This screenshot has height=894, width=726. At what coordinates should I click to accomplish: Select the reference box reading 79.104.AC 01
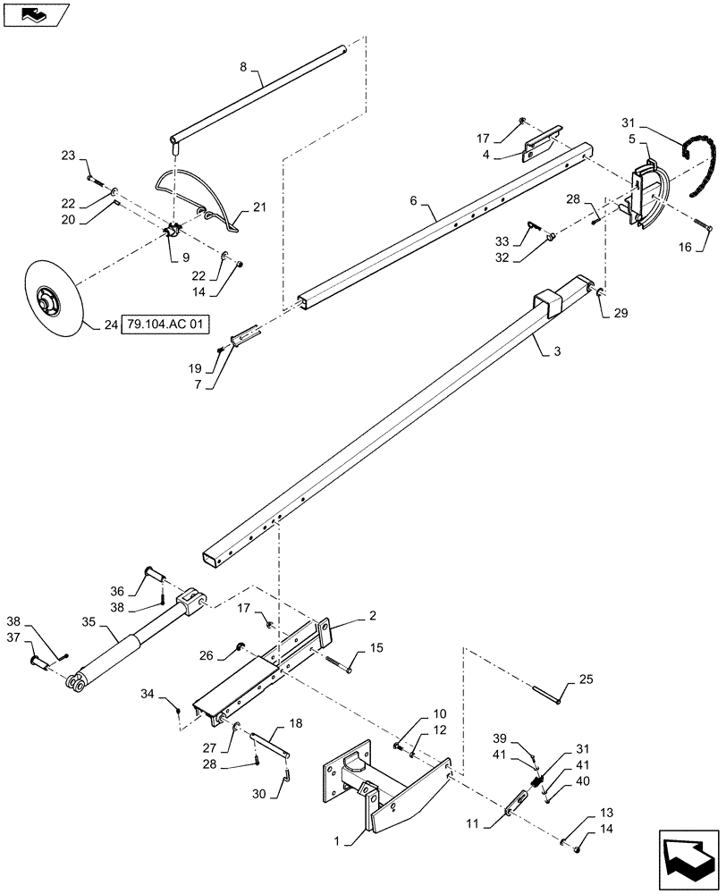pyautogui.click(x=165, y=325)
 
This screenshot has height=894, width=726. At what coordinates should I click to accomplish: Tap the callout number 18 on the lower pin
pyautogui.click(x=296, y=723)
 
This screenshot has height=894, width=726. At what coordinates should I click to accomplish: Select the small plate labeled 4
pyautogui.click(x=542, y=144)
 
